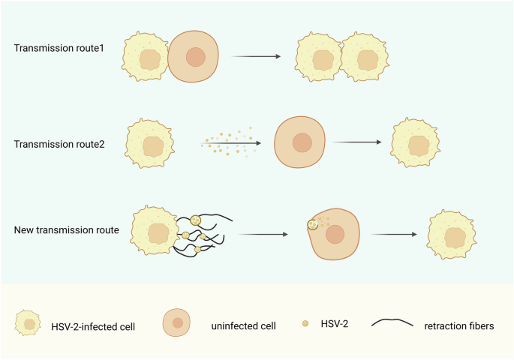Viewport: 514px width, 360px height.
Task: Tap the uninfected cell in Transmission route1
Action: click(195, 57)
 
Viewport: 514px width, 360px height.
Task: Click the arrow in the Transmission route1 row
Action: click(255, 56)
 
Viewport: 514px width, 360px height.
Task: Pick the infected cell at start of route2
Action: click(150, 142)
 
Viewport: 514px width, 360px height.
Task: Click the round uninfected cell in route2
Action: click(302, 142)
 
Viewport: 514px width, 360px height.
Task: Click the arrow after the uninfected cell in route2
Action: click(359, 142)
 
